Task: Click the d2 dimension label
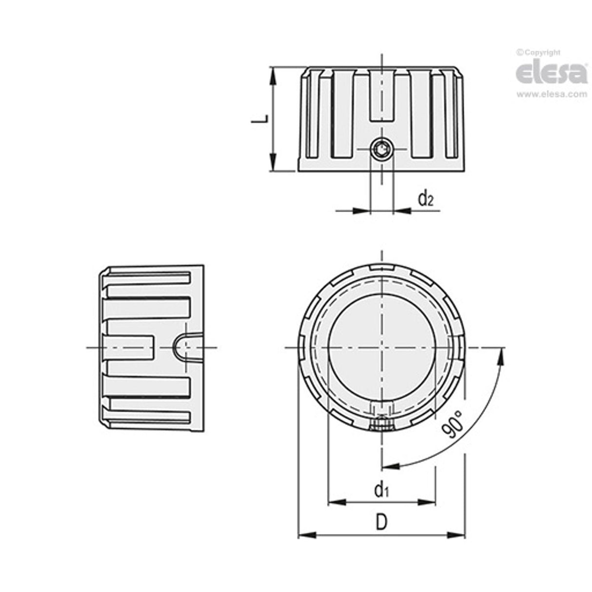point(425,198)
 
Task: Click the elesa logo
point(552,73)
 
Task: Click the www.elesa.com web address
point(552,95)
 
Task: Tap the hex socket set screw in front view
point(381,149)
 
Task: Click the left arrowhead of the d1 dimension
point(337,502)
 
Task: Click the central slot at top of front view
point(381,95)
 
